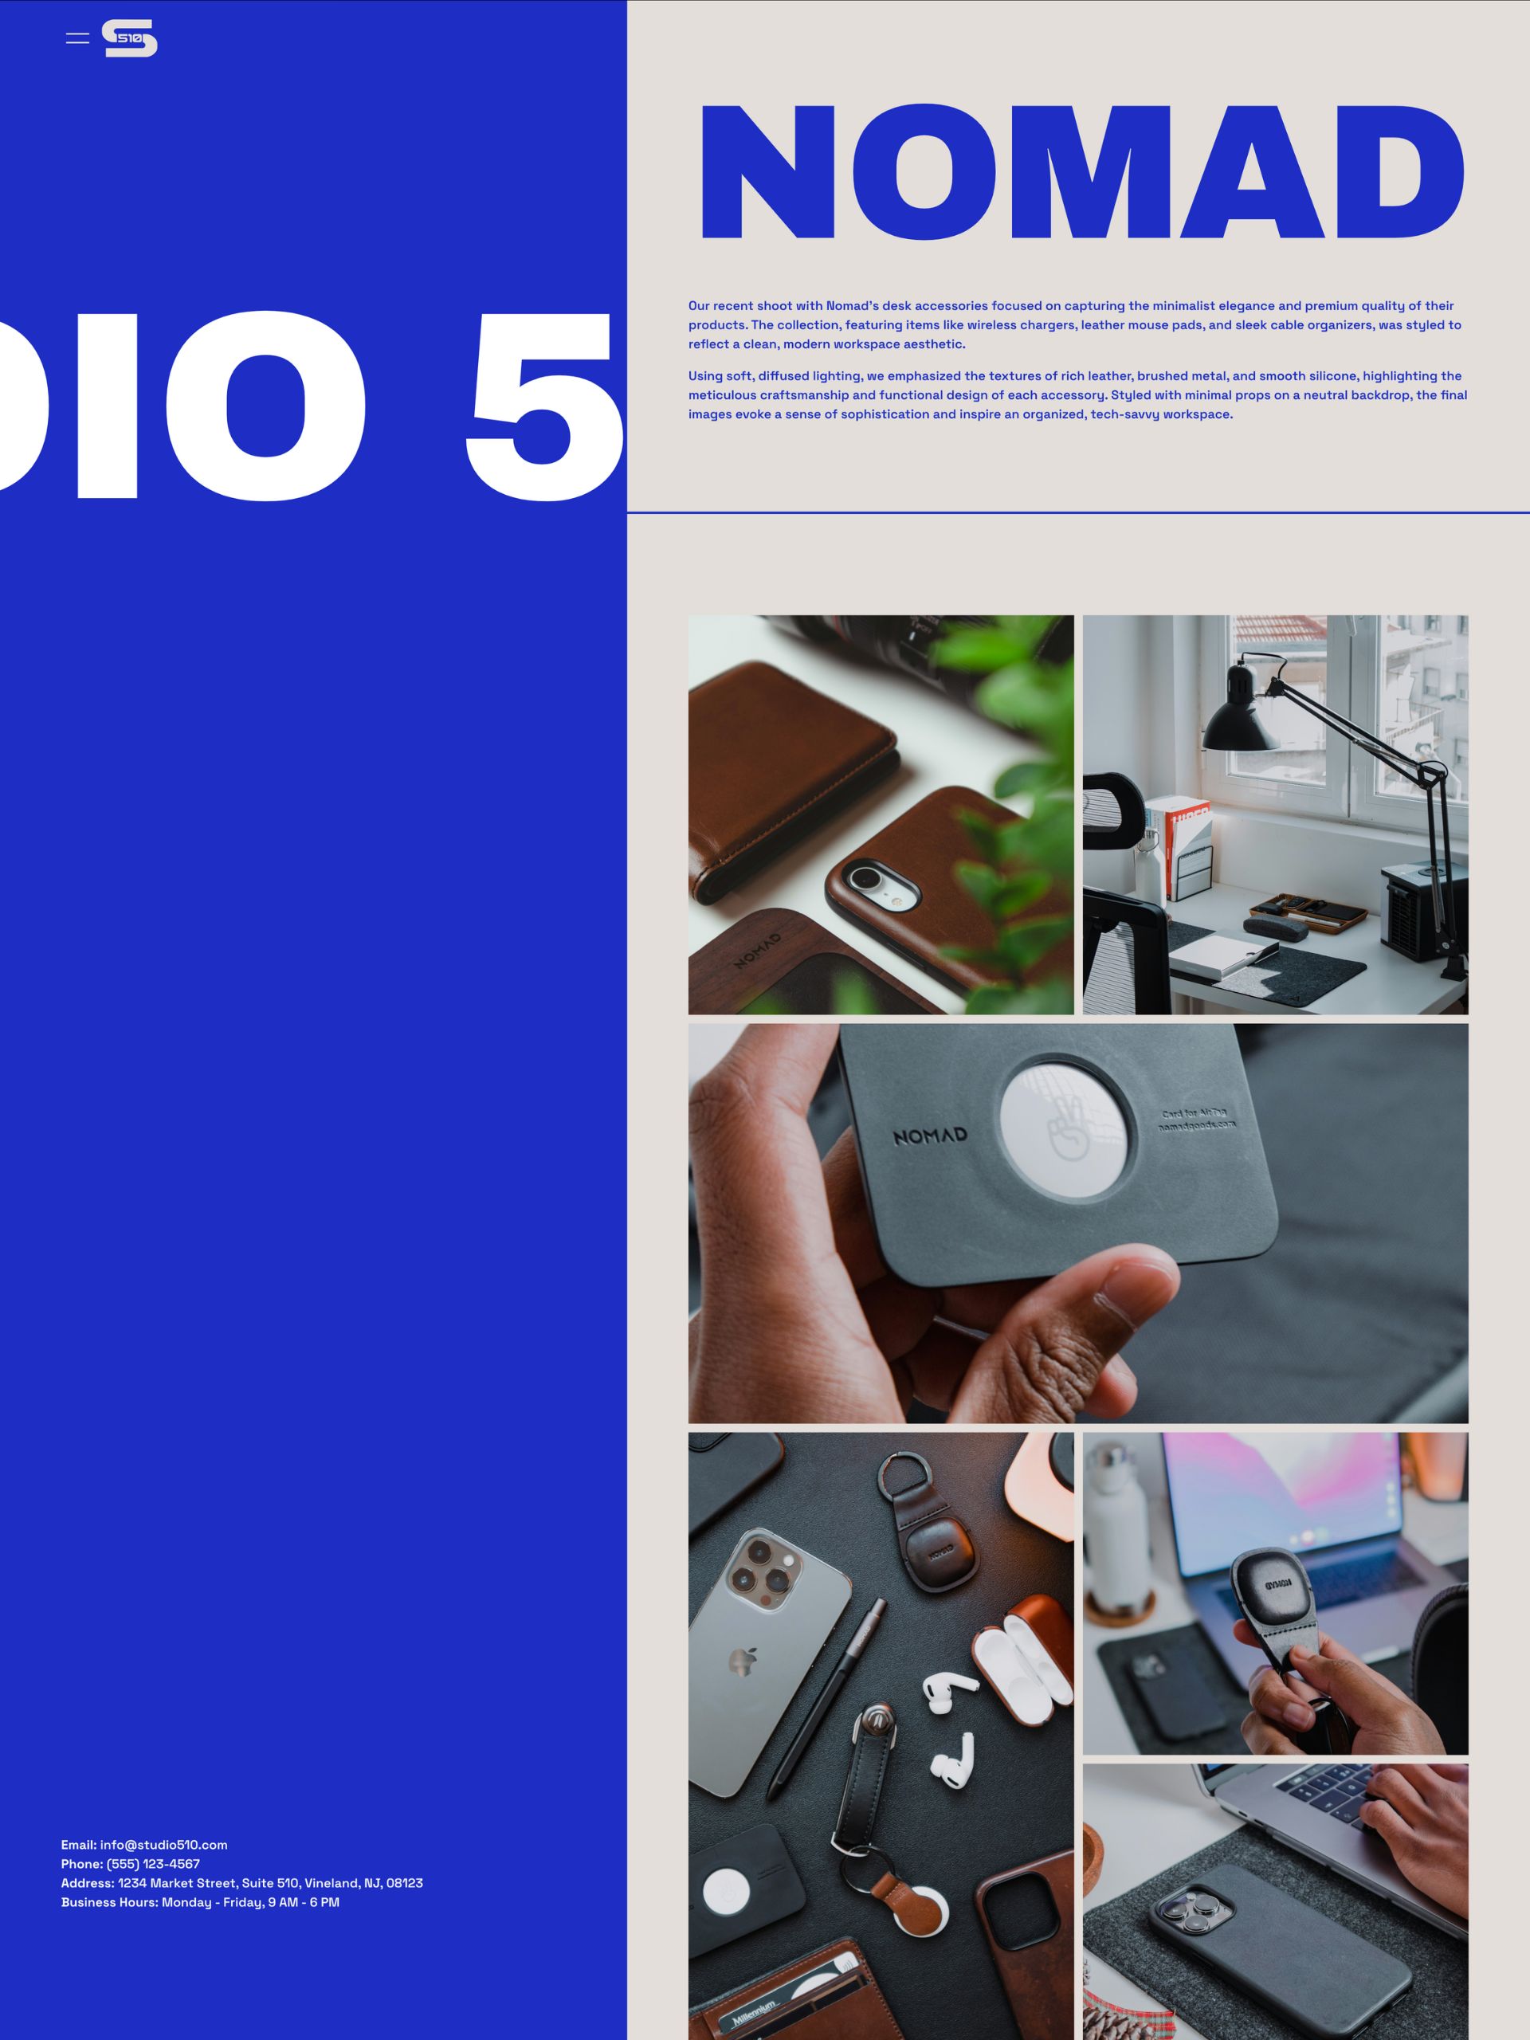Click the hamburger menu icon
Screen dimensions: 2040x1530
(77, 37)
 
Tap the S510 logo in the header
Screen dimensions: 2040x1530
(129, 37)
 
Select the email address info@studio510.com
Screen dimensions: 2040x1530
(163, 1845)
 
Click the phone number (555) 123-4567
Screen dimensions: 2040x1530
(153, 1864)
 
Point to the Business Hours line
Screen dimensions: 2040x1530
(200, 1901)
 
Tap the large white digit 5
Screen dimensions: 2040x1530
(544, 406)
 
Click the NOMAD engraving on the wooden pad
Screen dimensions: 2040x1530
(758, 951)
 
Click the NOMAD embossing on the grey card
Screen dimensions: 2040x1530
(930, 1136)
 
